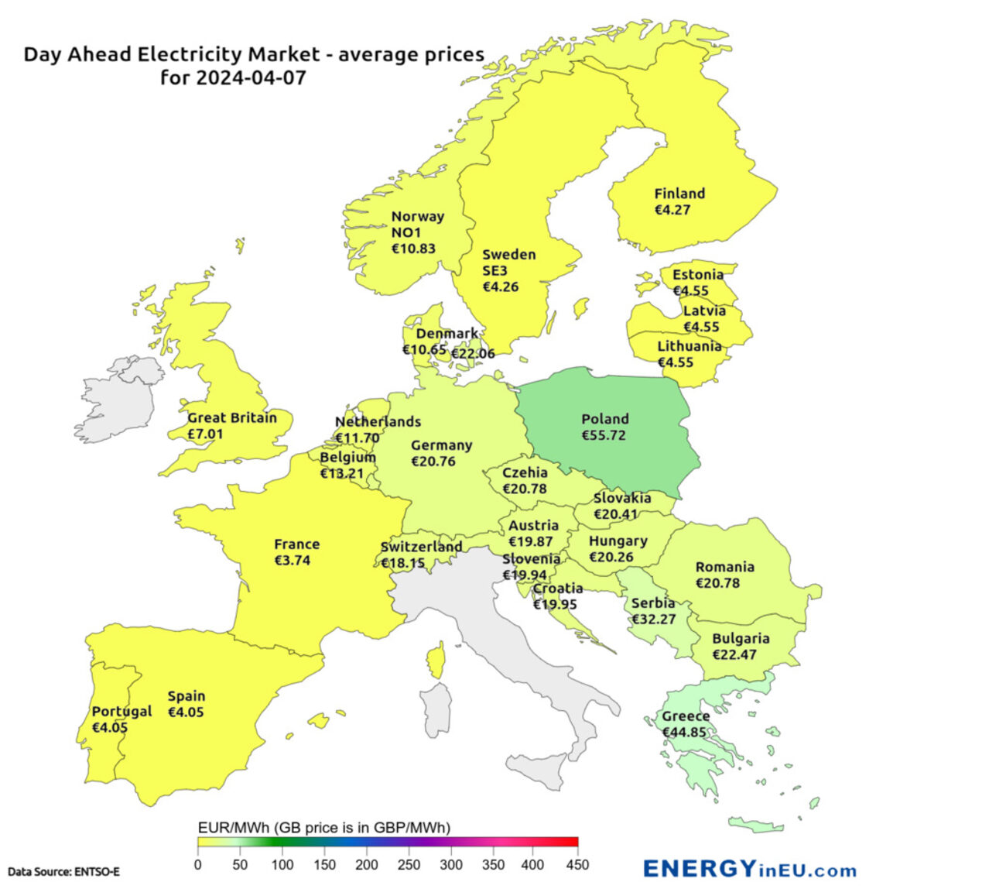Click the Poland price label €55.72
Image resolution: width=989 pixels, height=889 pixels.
(x=604, y=435)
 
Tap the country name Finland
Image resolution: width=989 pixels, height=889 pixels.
(x=679, y=194)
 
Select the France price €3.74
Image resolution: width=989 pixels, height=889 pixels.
(x=293, y=561)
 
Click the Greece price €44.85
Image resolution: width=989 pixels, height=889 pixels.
(x=685, y=733)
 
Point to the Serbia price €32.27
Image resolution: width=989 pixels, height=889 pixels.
(x=654, y=620)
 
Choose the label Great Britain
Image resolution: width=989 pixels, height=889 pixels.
(x=232, y=418)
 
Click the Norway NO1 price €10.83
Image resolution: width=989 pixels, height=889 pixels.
(x=413, y=249)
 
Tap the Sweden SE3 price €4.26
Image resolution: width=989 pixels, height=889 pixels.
(x=501, y=287)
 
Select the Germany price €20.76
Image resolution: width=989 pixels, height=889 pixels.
(x=433, y=462)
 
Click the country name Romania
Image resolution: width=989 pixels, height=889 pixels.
(x=724, y=567)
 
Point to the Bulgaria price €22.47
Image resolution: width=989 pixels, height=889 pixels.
(x=734, y=655)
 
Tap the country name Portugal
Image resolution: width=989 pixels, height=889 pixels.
(x=121, y=712)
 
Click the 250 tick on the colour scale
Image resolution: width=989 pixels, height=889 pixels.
(x=409, y=865)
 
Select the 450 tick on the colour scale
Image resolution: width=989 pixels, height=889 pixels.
(x=577, y=865)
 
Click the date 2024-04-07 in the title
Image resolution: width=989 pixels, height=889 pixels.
(x=251, y=77)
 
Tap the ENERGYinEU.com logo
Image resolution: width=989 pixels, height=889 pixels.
(x=749, y=869)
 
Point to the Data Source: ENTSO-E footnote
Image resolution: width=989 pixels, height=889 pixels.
(x=63, y=872)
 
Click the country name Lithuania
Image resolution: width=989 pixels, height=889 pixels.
(x=690, y=346)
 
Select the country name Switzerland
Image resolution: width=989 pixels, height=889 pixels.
(x=422, y=547)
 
